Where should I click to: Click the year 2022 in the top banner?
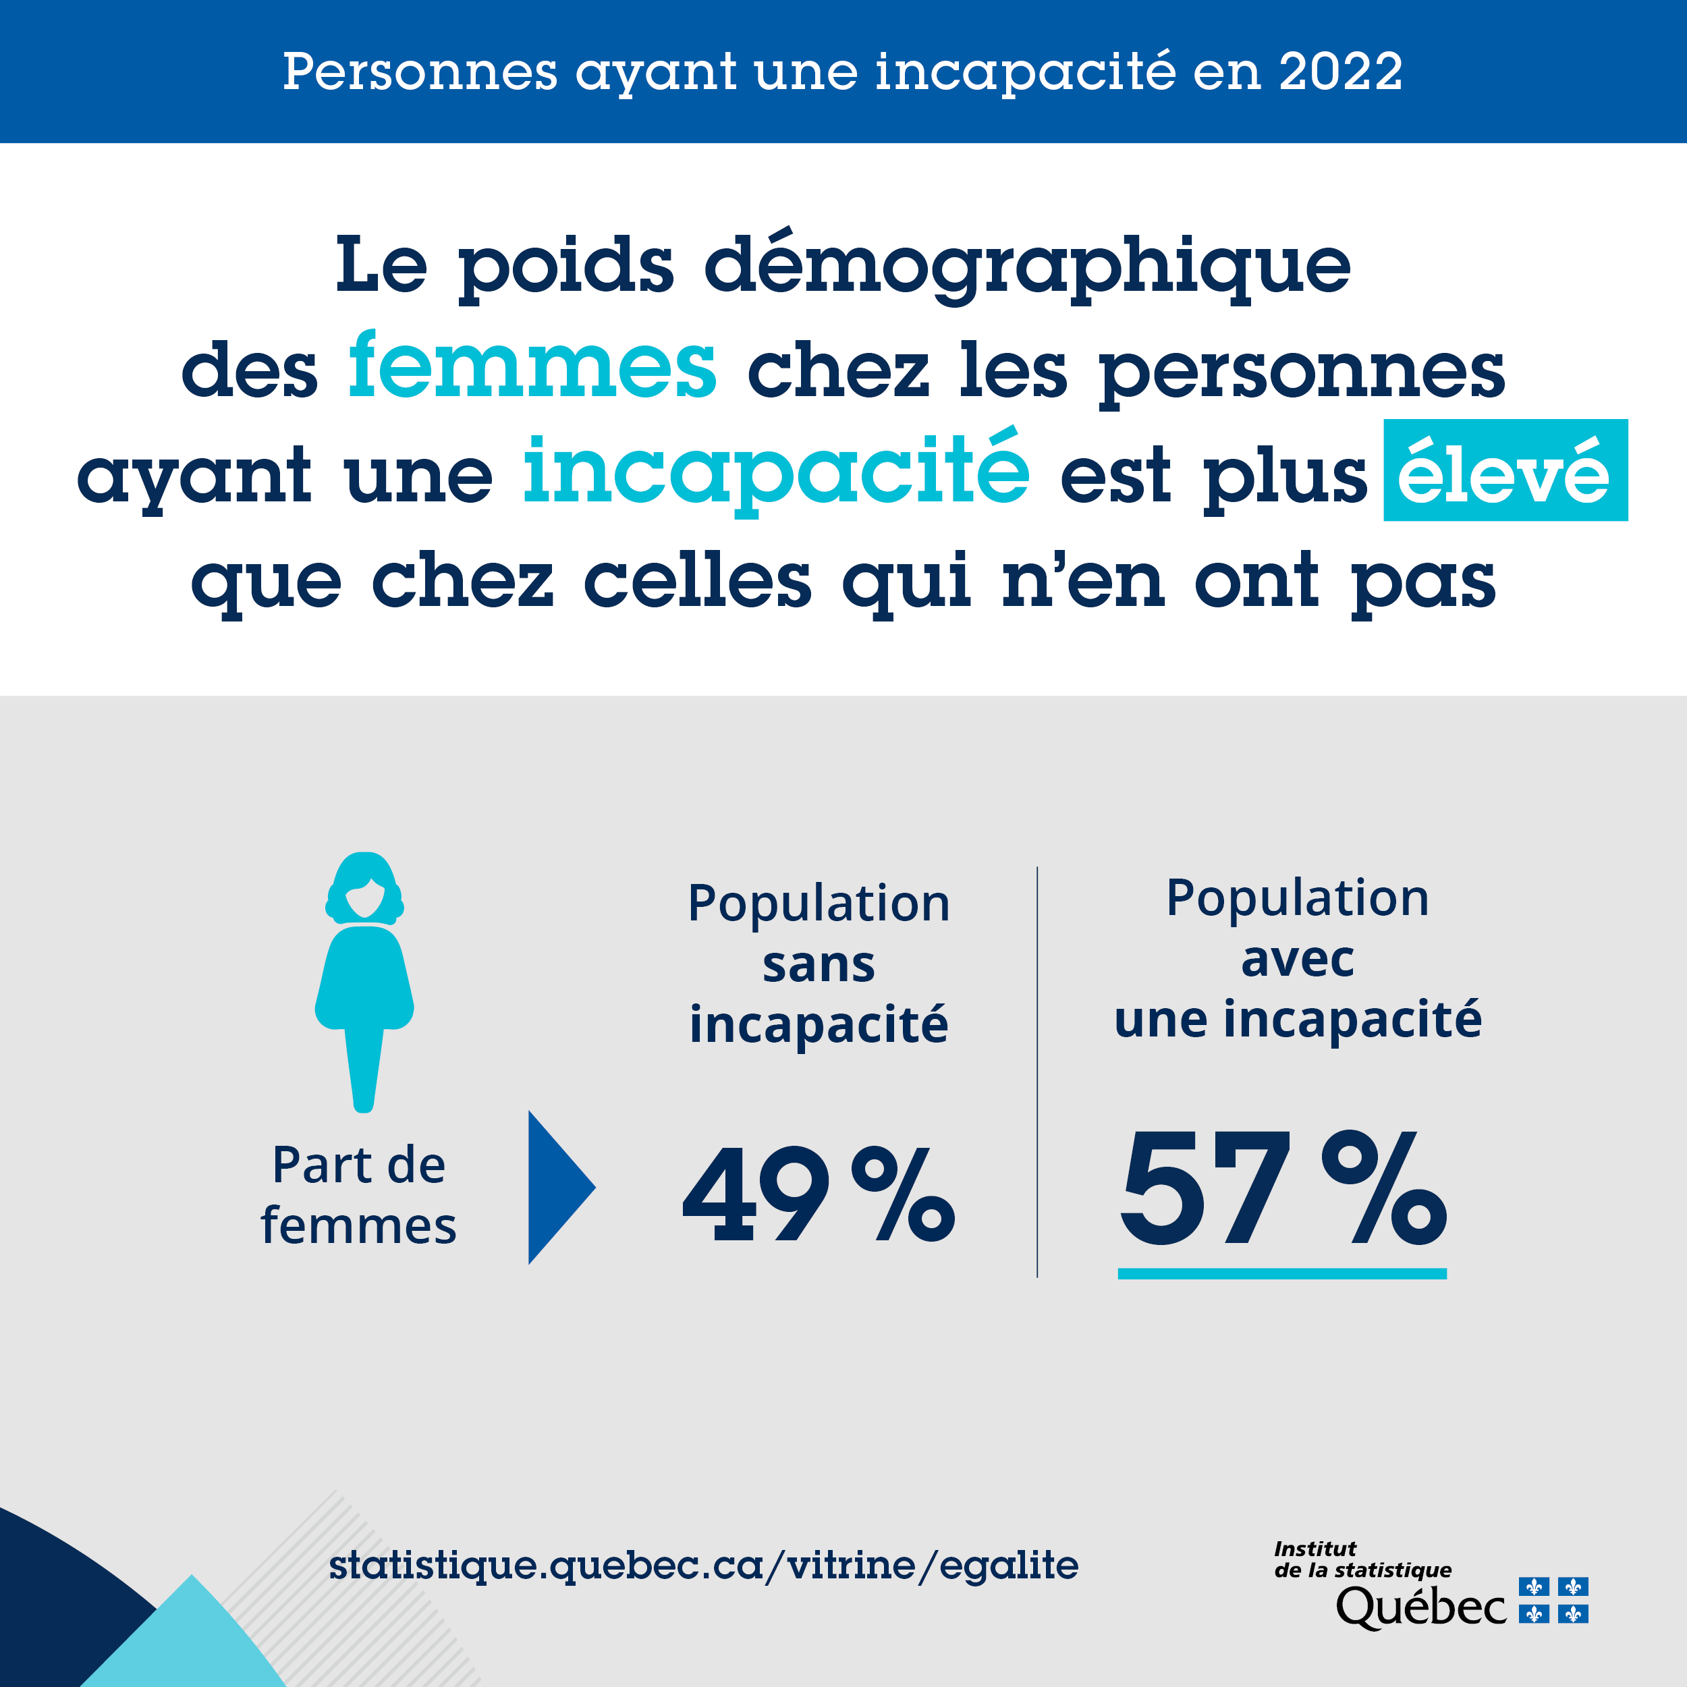1340,72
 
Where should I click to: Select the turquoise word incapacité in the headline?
776,472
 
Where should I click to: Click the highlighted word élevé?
1505,472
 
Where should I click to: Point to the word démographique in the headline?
1027,267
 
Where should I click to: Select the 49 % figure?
818,1194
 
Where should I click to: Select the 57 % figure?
1282,1189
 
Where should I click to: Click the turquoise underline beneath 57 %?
1282,1274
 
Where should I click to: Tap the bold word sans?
818,965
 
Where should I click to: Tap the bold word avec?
1298,959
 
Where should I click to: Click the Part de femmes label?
359,1195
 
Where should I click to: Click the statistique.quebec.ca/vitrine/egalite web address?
704,1566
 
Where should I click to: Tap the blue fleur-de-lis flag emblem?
1553,1601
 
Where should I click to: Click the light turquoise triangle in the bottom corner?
188,1642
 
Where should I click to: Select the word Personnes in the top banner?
420,72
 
